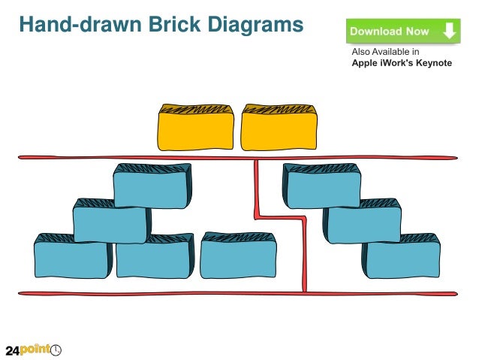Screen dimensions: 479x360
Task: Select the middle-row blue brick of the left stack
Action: pyautogui.click(x=110, y=222)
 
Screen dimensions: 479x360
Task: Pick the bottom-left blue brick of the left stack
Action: pyautogui.click(x=71, y=257)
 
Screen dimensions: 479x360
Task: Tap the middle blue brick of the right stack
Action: pyautogui.click(x=362, y=222)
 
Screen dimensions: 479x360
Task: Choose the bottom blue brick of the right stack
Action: pyautogui.click(x=402, y=257)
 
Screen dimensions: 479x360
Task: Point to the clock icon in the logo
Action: pyautogui.click(x=56, y=349)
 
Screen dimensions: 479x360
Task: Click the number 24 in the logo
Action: pyautogui.click(x=13, y=350)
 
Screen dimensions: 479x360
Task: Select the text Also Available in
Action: pyautogui.click(x=385, y=52)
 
